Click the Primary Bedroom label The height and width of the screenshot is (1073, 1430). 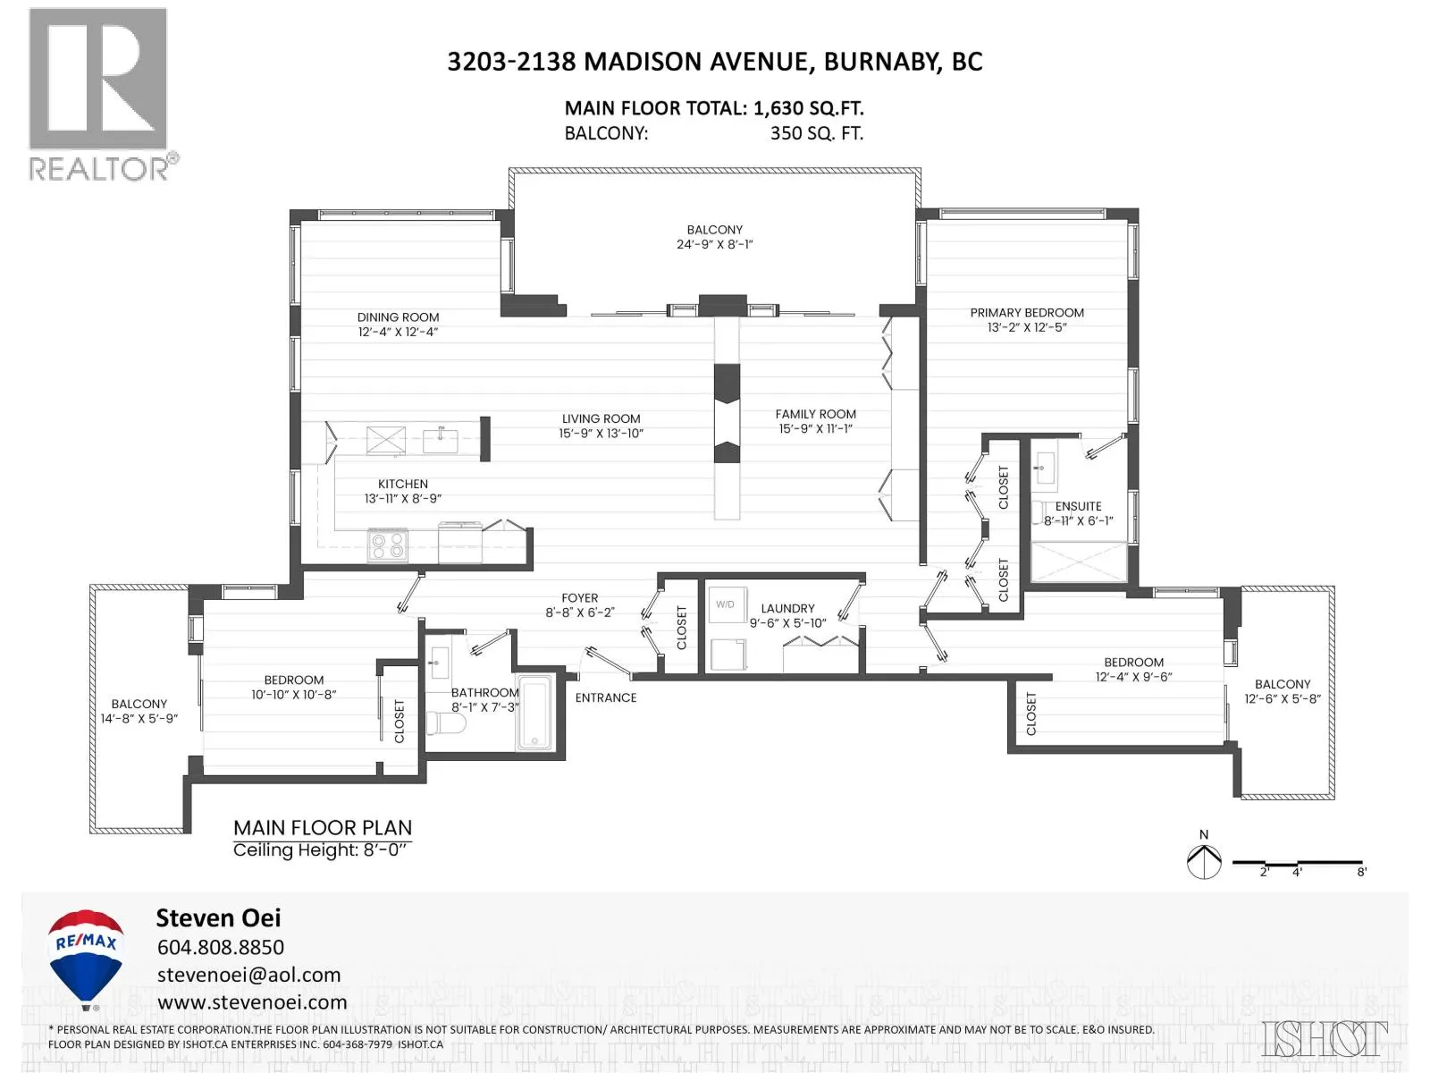click(1027, 313)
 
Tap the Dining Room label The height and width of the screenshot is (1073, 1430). click(398, 317)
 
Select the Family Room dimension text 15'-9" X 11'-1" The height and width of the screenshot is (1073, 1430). click(816, 428)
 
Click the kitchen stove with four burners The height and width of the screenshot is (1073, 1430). click(388, 545)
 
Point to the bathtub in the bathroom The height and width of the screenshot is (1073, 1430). click(534, 714)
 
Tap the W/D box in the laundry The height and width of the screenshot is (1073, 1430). click(727, 604)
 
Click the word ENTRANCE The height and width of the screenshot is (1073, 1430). click(606, 697)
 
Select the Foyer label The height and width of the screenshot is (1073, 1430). click(580, 598)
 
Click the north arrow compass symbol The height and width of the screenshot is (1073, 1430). click(1204, 861)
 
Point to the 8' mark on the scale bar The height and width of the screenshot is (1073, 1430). click(1361, 872)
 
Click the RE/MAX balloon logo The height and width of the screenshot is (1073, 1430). click(86, 959)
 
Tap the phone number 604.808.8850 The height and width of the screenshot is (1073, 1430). click(221, 947)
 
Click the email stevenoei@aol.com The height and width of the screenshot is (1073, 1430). click(248, 975)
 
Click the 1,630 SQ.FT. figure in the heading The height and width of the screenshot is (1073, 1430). click(809, 108)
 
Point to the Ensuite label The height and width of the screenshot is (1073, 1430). click(1078, 506)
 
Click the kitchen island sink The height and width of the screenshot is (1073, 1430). click(441, 440)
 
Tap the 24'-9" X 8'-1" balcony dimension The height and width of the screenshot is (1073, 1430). click(715, 244)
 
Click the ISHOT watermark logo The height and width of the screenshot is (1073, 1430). click(1325, 1038)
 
